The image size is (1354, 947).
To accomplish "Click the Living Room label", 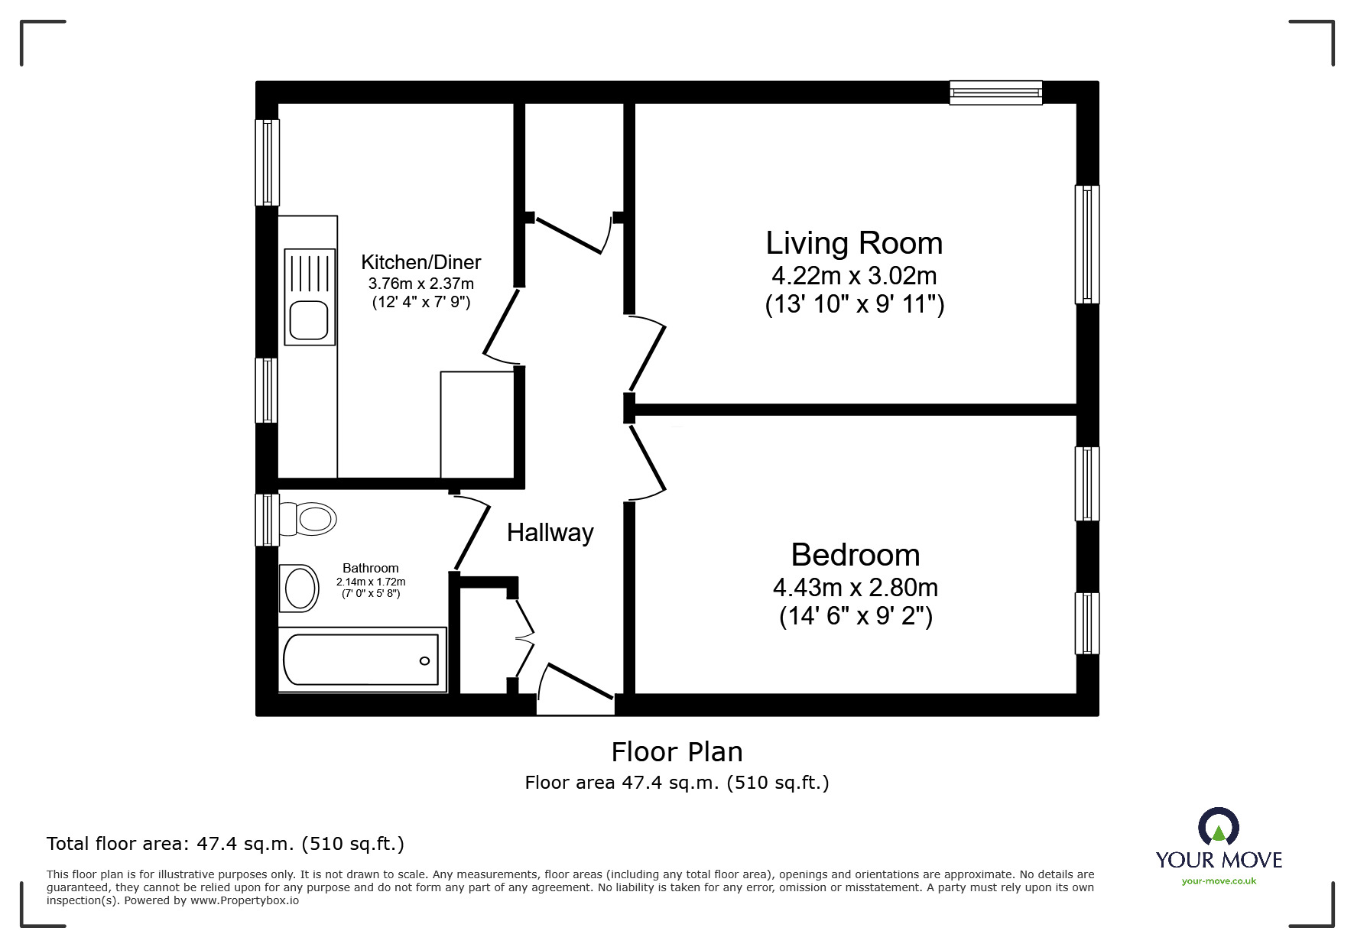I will pos(854,244).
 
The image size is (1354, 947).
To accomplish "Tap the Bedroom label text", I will pos(855,555).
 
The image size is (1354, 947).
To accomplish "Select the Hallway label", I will pos(550,533).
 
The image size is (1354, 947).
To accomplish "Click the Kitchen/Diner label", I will pos(420,262).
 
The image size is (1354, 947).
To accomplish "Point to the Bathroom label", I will pos(370,568).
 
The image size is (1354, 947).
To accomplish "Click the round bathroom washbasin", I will pos(300,589).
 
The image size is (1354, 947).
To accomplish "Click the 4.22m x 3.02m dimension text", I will pos(854,275).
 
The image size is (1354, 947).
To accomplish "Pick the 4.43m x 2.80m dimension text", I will pos(855,587).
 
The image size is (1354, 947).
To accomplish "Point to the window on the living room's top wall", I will pos(995,92).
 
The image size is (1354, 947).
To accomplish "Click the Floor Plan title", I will pos(677,752).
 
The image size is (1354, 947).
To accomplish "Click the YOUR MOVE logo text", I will pos(1219,860).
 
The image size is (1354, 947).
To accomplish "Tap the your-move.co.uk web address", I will pos(1219,881).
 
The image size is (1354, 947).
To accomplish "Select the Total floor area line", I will pos(226,844).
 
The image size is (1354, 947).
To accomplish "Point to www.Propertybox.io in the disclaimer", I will pos(244,900).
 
